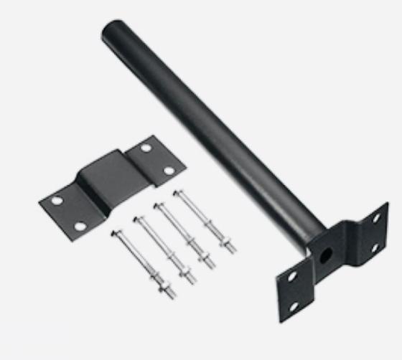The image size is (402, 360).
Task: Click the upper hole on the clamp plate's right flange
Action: pyautogui.click(x=146, y=148)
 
